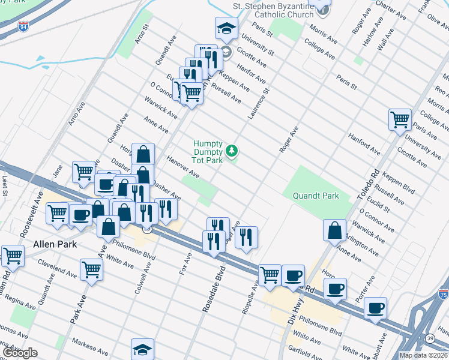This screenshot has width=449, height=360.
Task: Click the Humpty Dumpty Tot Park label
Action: coord(208,152)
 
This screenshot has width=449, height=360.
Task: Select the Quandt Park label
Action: coord(316,196)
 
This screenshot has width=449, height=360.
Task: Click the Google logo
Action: coord(20,353)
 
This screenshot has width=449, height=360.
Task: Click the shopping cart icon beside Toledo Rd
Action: coord(400,118)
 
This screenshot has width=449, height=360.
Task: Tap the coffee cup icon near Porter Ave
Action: coord(376,308)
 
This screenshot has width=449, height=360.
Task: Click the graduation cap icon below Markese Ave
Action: coord(143,349)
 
